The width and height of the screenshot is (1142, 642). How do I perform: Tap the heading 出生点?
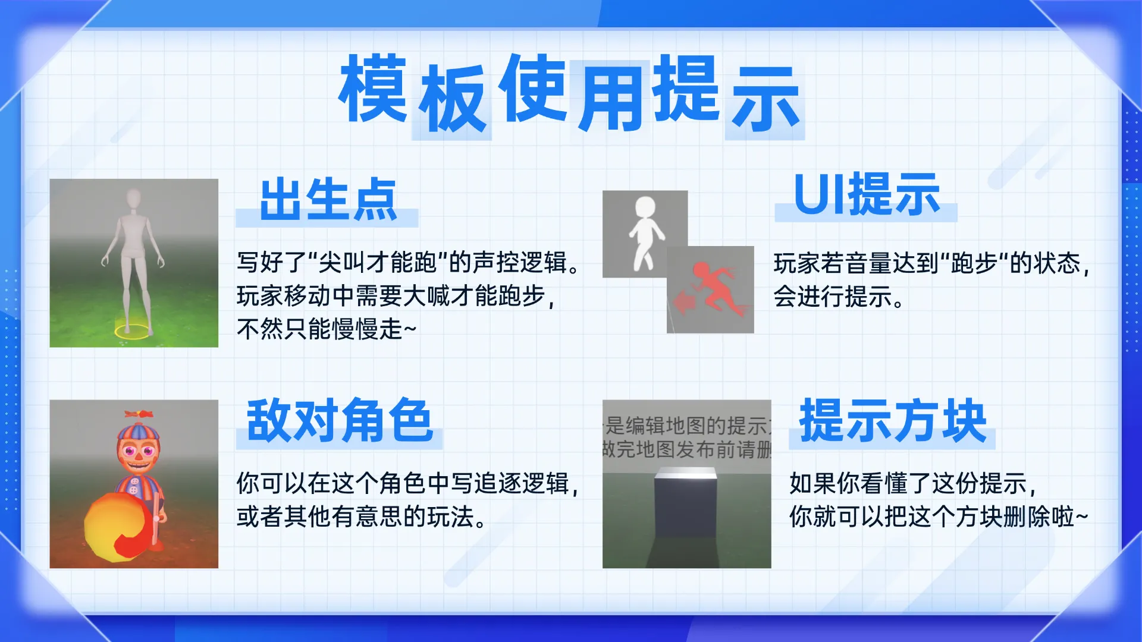point(328,200)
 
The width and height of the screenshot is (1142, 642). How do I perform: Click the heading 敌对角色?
point(339,421)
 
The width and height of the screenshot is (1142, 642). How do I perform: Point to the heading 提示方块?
point(893,421)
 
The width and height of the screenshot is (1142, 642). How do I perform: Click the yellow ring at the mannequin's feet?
point(131,331)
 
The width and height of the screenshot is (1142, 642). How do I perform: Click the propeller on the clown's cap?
point(139,414)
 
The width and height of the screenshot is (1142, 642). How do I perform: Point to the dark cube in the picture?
point(685,503)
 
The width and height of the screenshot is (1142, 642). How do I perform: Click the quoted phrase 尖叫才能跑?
point(378,262)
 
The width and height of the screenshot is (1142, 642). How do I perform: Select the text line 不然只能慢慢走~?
point(327,329)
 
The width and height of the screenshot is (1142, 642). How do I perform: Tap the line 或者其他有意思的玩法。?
point(362,517)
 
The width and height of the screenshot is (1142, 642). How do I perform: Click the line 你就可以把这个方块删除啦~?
point(939,517)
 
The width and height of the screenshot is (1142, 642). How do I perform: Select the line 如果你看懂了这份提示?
point(913,483)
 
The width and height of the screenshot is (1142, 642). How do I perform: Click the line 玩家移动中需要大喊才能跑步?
point(396,295)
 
